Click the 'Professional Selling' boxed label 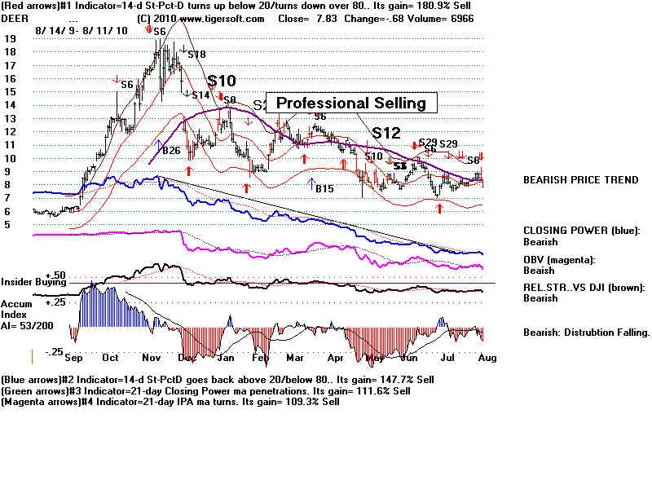[x=351, y=103]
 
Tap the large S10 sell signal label [x=222, y=81]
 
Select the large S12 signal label [x=386, y=131]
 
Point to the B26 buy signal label [x=170, y=150]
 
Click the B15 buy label [x=325, y=188]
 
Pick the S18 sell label [x=196, y=55]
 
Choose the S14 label [x=200, y=95]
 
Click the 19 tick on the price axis [x=11, y=38]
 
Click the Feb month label [x=260, y=358]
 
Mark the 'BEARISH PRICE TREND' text [x=580, y=180]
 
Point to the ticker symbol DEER [x=15, y=19]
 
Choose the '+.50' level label [x=56, y=275]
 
